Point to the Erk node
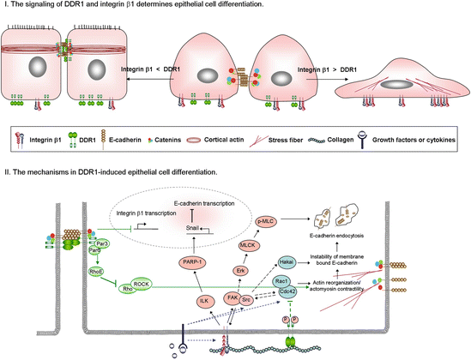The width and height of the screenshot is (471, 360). pyautogui.click(x=242, y=270)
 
